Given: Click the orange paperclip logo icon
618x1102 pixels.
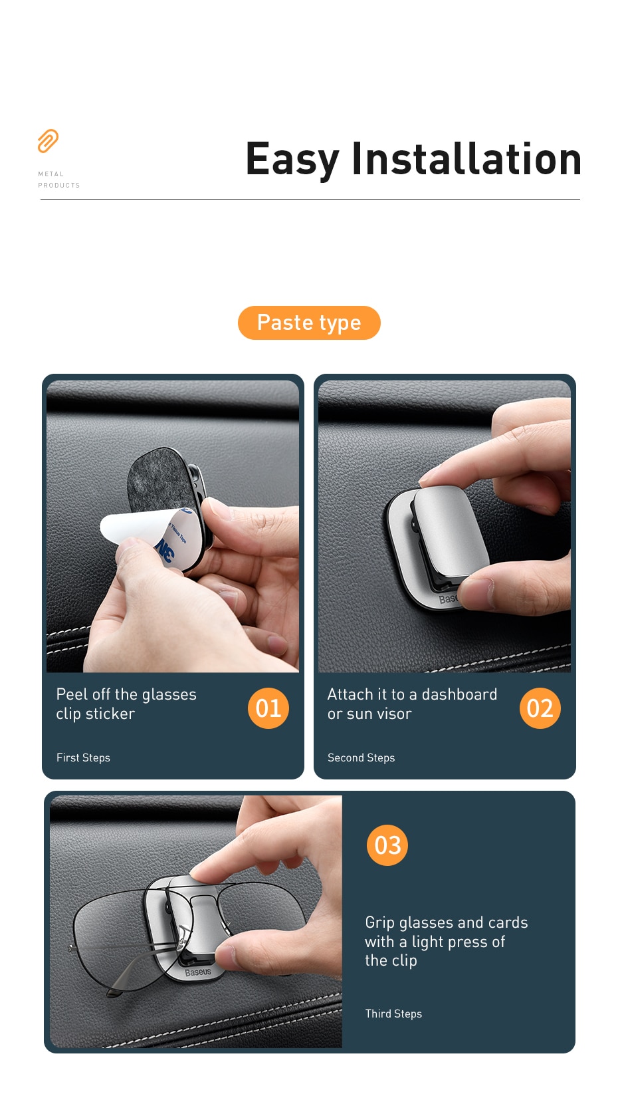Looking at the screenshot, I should tap(48, 140).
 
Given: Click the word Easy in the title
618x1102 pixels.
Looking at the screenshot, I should tap(292, 160).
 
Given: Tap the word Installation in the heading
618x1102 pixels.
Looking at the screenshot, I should tap(466, 160).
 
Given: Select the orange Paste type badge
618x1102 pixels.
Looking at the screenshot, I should tap(309, 323).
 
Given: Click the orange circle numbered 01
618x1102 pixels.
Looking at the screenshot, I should tap(268, 708).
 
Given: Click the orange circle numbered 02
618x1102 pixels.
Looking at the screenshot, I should tap(540, 708).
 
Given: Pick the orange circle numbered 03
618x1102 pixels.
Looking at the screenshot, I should tap(387, 845).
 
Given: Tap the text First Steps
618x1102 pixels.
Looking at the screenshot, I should tap(83, 758).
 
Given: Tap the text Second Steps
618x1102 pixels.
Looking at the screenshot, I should tap(361, 758).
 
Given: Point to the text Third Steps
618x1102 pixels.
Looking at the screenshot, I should tap(393, 1014).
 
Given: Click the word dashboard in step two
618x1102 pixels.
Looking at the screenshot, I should tap(459, 694).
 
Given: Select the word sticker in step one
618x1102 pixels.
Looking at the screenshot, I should tap(110, 714).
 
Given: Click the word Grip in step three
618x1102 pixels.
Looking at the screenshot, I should tap(379, 922).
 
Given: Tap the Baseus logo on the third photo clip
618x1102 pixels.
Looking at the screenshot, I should tap(198, 972).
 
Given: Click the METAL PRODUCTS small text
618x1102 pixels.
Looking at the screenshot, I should tap(58, 180).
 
